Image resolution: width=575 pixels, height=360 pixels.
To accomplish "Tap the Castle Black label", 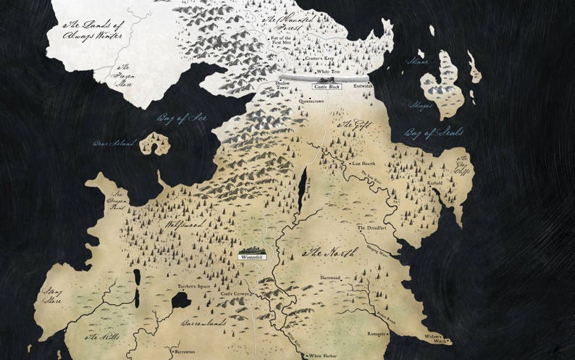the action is coord(326,87).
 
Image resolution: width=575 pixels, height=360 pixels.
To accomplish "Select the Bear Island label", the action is coord(114,143).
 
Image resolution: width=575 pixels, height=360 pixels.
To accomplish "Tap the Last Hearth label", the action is coord(362,164).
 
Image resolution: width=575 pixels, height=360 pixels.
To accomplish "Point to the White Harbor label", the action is coord(324,356).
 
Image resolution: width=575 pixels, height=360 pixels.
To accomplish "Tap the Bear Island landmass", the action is coord(154,144).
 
